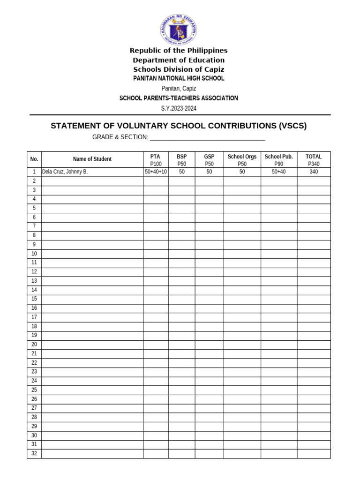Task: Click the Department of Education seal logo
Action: pyautogui.click(x=179, y=29)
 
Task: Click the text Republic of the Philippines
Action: pyautogui.click(x=179, y=50)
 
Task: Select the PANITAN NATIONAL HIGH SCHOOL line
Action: pyautogui.click(x=179, y=78)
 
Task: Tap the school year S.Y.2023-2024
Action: pyautogui.click(x=179, y=108)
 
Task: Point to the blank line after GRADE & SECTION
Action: pyautogui.click(x=207, y=137)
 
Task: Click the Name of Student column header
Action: pyautogui.click(x=92, y=159)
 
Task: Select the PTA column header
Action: pyautogui.click(x=156, y=157)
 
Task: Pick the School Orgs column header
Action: pyautogui.click(x=242, y=157)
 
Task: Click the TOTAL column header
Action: pyautogui.click(x=314, y=157)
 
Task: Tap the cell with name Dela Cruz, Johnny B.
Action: pyautogui.click(x=65, y=172)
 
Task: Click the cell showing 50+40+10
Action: pyautogui.click(x=156, y=172)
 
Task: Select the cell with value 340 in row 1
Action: pyautogui.click(x=314, y=172)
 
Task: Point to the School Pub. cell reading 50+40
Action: pyautogui.click(x=278, y=172)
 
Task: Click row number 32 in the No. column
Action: pyautogui.click(x=34, y=454)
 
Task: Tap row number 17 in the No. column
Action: pyautogui.click(x=34, y=317)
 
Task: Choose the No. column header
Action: pyautogui.click(x=34, y=159)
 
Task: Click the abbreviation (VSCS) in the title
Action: pyautogui.click(x=292, y=126)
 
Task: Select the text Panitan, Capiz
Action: pyautogui.click(x=179, y=88)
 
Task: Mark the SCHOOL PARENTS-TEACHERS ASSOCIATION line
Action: pyautogui.click(x=179, y=98)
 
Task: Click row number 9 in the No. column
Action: pyautogui.click(x=34, y=245)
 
